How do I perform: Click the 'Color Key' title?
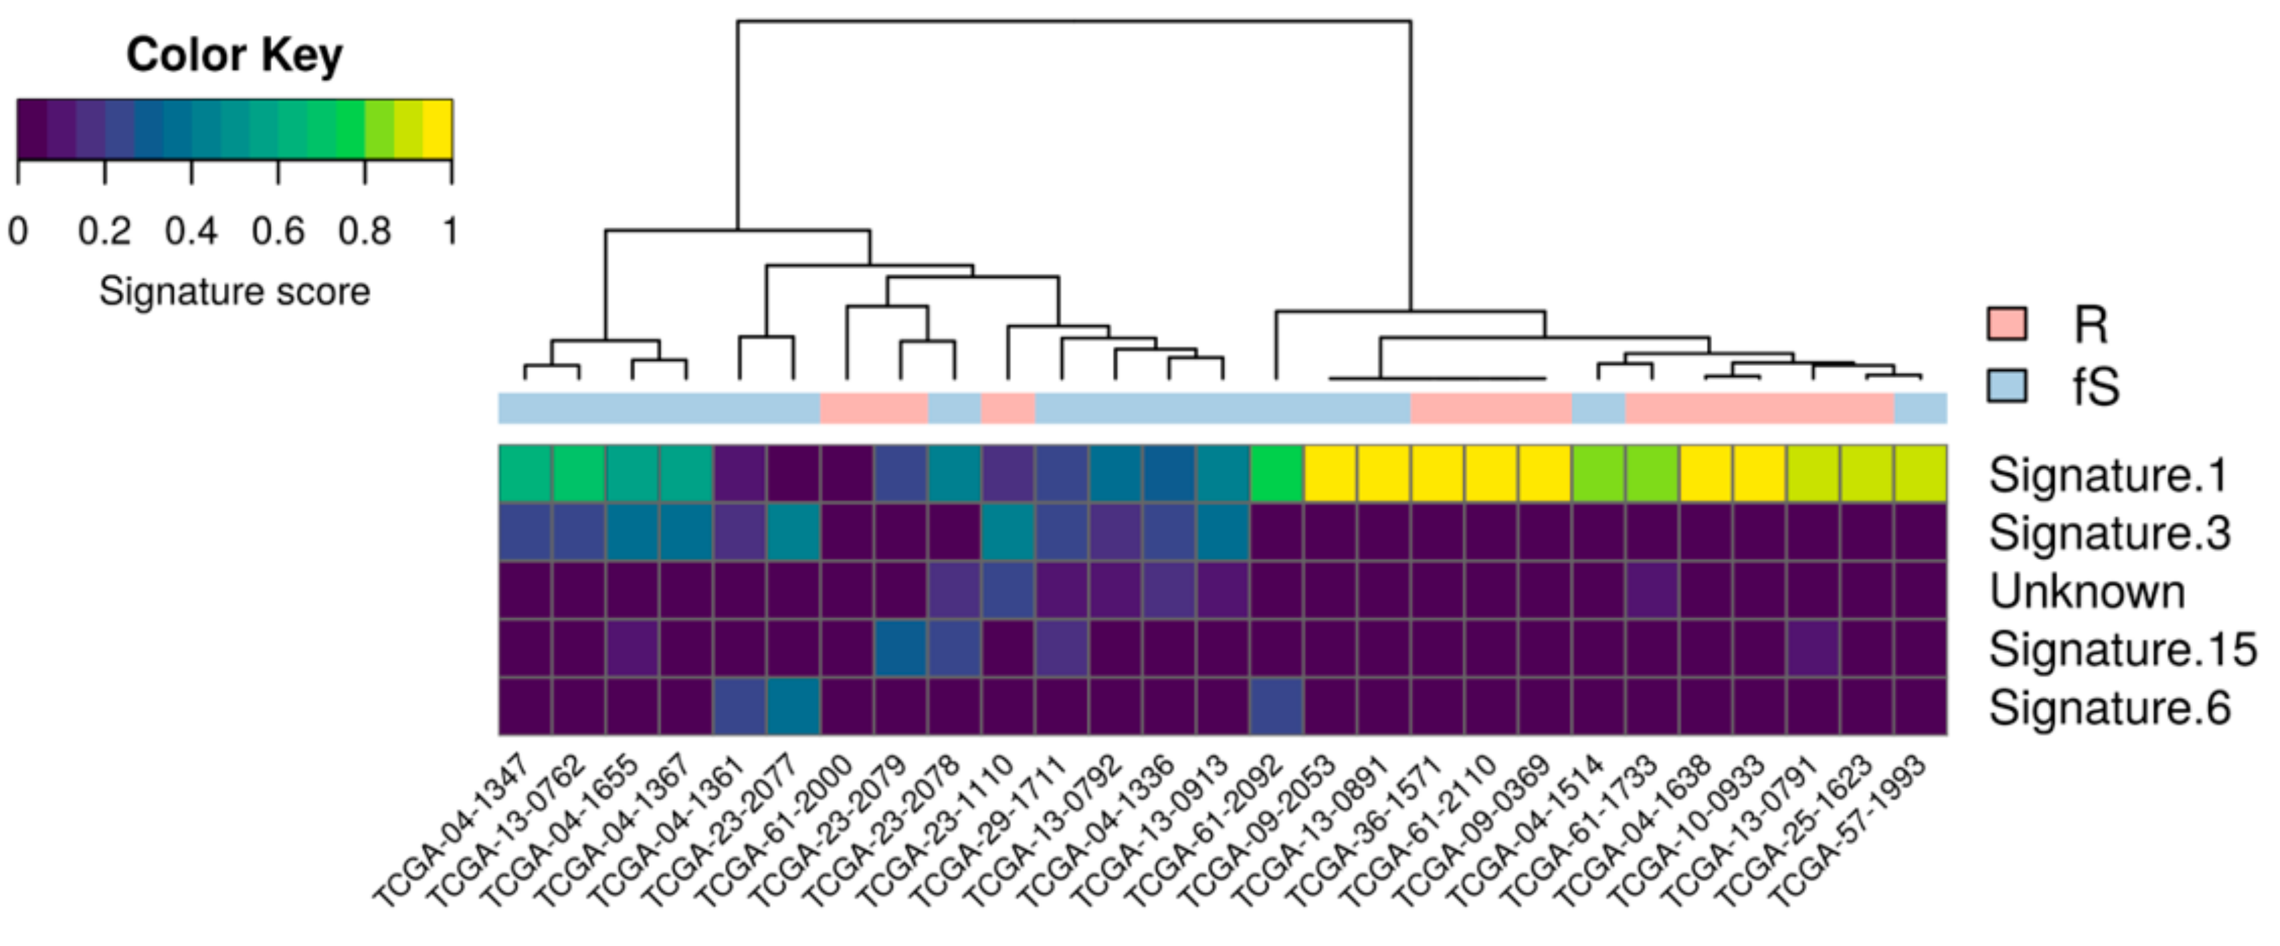click(x=234, y=55)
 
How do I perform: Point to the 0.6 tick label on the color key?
click(x=277, y=231)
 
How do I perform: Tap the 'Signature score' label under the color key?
click(x=234, y=291)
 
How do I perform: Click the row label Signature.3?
click(x=2109, y=533)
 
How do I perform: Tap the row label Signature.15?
click(x=2123, y=650)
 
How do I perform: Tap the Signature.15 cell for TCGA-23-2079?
click(x=900, y=648)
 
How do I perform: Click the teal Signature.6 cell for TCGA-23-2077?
click(x=793, y=706)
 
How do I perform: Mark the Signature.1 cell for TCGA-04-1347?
click(x=525, y=474)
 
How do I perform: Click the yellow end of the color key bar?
click(x=438, y=129)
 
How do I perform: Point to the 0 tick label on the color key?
click(x=18, y=231)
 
